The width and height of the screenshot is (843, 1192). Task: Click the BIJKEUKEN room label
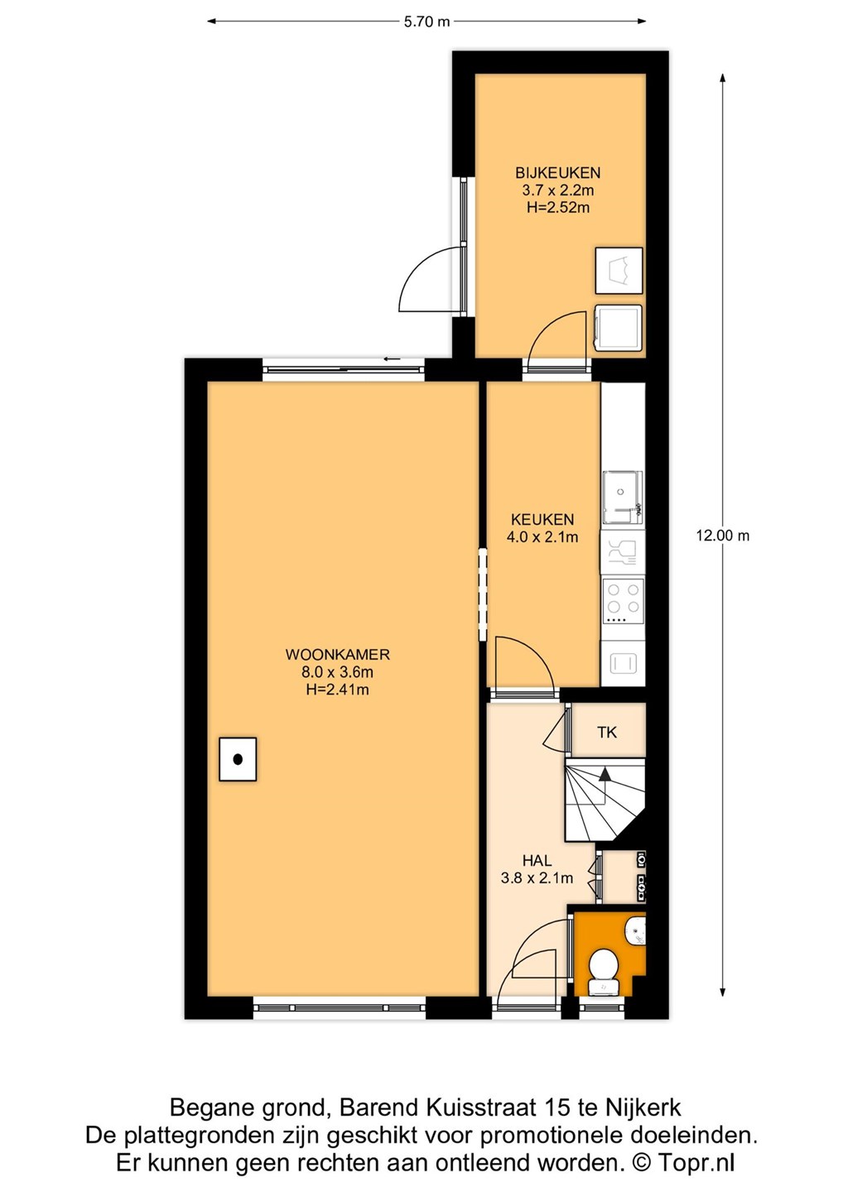point(557,173)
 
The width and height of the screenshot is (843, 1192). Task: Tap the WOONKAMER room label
point(337,654)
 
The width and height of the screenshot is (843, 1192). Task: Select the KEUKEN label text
point(542,519)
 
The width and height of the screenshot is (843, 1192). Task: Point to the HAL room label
point(537,861)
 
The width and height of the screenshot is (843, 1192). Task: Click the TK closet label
point(607,733)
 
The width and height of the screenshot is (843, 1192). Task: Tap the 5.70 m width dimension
point(426,22)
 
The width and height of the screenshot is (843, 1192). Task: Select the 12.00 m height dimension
point(722,536)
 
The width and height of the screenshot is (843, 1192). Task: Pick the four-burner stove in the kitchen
point(623,601)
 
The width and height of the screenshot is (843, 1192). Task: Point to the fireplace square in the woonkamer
point(238,759)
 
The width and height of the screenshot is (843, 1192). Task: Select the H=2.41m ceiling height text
point(337,690)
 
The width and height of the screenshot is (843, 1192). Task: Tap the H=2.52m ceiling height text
point(558,208)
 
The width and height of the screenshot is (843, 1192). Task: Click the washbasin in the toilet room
point(637,930)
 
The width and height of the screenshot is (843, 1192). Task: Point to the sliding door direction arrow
point(392,358)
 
